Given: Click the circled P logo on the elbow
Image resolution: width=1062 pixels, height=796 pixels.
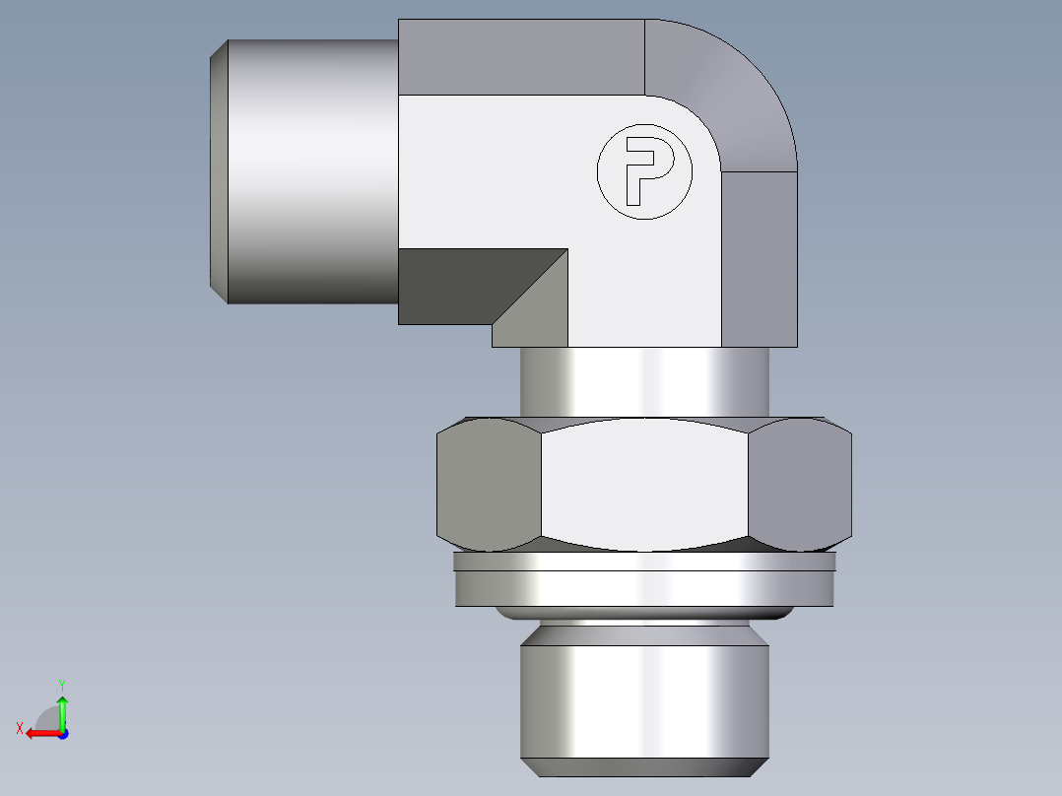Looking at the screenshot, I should coord(644,172).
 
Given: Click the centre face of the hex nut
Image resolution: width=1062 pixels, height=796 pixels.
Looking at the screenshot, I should coord(644,484).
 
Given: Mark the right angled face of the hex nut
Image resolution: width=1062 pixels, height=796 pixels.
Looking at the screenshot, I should coord(799,484).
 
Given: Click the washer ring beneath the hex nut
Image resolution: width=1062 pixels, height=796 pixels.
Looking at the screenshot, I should coord(644,588).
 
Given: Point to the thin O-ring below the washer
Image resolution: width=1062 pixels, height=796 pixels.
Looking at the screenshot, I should coord(644,614).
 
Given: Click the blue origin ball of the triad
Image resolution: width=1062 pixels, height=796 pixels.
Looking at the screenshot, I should coord(62,734).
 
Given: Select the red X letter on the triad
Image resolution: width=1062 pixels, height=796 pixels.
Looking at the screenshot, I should coord(19,728).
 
